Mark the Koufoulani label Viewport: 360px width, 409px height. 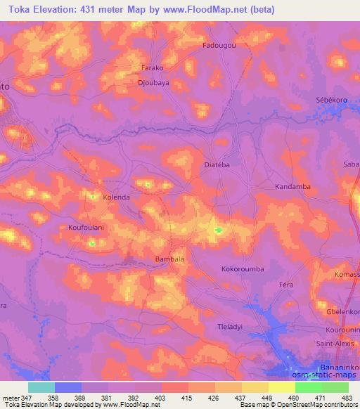click(x=86, y=228)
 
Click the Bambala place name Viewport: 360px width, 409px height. click(x=169, y=259)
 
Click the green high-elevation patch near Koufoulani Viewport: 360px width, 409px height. click(x=92, y=243)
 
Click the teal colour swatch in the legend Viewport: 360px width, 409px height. click(x=41, y=387)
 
